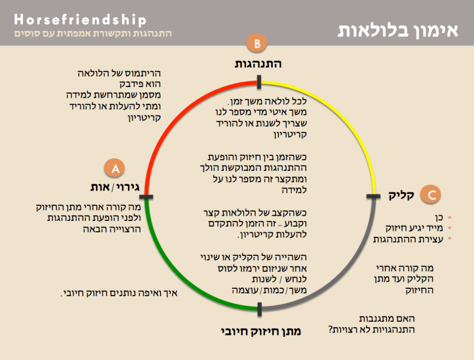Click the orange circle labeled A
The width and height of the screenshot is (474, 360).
pos(115,169)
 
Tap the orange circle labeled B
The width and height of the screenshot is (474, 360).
pos(258,44)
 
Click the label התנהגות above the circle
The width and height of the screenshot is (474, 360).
pos(258,64)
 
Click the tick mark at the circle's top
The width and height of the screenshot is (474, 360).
pos(260,82)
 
